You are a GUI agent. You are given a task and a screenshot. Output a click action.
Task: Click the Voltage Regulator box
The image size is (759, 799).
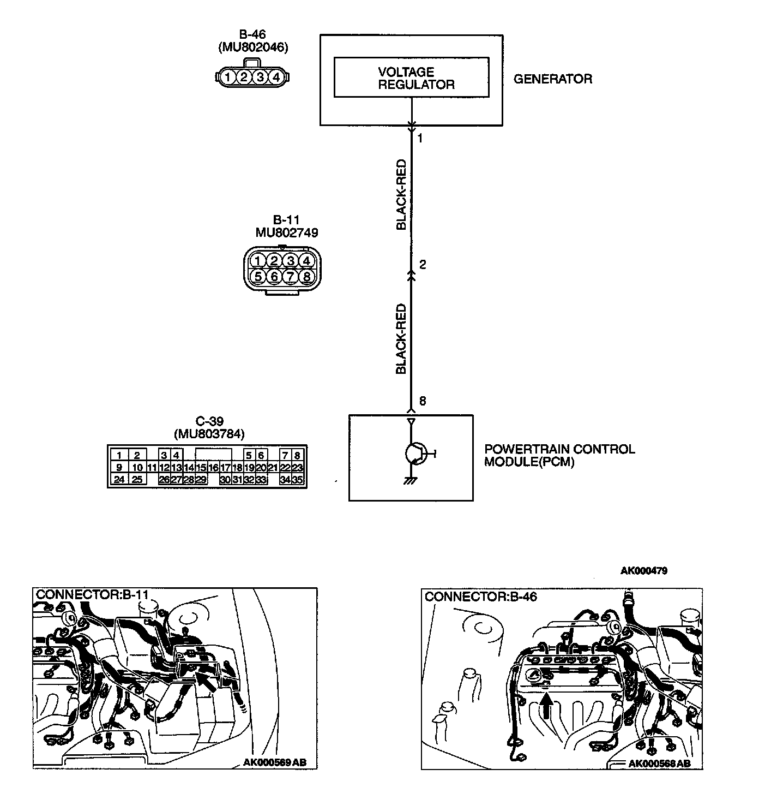coord(411,77)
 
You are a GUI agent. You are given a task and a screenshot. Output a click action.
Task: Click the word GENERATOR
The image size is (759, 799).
coord(553,79)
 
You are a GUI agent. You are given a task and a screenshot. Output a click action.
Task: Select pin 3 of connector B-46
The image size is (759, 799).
coord(260,77)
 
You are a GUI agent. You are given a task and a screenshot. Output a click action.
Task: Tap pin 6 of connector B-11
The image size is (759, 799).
coord(274,276)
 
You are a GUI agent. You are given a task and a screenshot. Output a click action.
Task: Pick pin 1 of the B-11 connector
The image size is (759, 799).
coord(258,260)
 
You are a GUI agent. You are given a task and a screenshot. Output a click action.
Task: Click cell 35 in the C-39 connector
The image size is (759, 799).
coord(297,480)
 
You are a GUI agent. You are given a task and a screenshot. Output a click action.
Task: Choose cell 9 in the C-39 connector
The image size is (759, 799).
coord(119,467)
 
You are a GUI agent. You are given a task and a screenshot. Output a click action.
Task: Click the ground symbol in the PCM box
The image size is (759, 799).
coord(411,481)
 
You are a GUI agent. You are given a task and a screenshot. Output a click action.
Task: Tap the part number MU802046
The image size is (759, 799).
coord(253,47)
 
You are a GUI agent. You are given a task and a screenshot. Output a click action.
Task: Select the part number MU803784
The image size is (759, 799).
coord(209,434)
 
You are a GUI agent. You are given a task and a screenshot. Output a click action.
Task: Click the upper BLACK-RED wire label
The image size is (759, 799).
coord(401,195)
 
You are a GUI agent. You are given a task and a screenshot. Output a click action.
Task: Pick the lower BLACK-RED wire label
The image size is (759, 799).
coord(401,339)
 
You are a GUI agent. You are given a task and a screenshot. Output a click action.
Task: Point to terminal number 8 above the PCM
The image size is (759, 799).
coord(423,401)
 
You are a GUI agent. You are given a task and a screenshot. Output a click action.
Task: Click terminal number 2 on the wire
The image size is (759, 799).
coord(423,265)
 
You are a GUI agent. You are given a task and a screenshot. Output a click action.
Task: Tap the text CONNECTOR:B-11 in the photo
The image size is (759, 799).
coord(92,594)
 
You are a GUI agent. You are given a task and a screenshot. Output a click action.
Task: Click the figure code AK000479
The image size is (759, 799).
coord(644,571)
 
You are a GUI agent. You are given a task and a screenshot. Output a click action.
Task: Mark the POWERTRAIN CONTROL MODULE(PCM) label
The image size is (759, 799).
coord(559,456)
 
